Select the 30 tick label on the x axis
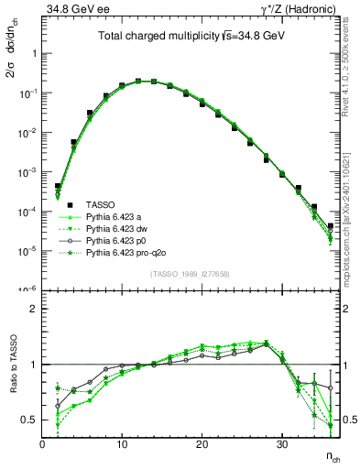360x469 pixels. tap(281, 444)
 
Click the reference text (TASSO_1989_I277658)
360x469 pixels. tap(190, 273)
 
